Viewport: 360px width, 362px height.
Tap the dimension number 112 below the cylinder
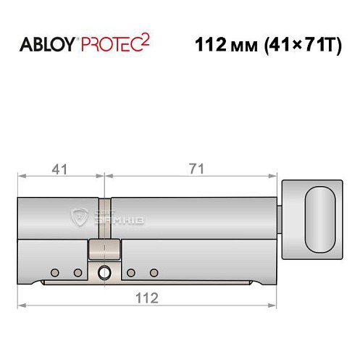click(148, 297)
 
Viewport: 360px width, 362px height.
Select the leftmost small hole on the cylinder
click(54, 272)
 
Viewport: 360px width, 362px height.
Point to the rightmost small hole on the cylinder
click(154, 272)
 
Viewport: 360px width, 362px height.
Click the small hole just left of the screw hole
click(78, 272)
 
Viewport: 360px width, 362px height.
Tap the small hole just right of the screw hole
click(131, 272)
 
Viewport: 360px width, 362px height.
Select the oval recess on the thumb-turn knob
click(319, 217)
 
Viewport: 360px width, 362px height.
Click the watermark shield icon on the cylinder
click(80, 215)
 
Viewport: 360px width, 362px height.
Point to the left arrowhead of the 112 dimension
click(21, 305)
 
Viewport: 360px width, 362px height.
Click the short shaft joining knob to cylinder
click(281, 217)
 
